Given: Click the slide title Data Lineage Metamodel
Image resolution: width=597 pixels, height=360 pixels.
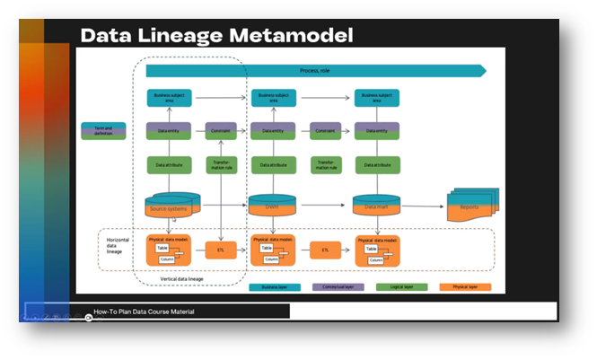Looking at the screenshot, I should point(215,35).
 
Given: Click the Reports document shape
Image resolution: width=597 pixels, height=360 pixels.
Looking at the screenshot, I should point(470,206).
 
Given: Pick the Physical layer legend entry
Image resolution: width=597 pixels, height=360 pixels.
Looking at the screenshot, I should point(461,287).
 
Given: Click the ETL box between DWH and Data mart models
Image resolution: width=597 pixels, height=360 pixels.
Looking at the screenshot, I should point(325,250).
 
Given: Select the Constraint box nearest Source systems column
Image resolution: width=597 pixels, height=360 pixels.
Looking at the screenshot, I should point(221,130).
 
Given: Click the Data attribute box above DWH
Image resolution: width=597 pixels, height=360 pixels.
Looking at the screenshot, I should point(272,165).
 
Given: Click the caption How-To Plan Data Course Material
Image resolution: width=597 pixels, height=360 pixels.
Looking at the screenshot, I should point(144,312).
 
